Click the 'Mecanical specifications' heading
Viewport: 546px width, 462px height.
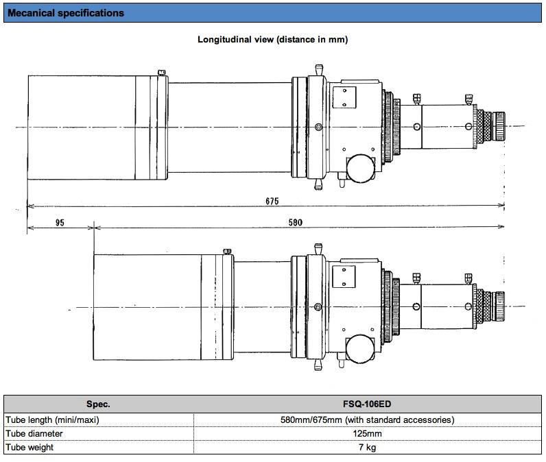tap(66, 13)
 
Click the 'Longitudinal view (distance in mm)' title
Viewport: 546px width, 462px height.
tap(272, 40)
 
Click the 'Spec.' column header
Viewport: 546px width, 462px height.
tap(98, 404)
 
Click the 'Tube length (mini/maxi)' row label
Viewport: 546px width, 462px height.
tap(53, 420)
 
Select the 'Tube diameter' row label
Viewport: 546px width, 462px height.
tap(34, 433)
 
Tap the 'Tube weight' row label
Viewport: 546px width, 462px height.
tap(30, 448)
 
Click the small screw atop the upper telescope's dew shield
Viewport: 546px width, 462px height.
tap(161, 72)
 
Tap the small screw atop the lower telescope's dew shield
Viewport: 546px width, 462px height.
tap(228, 250)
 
